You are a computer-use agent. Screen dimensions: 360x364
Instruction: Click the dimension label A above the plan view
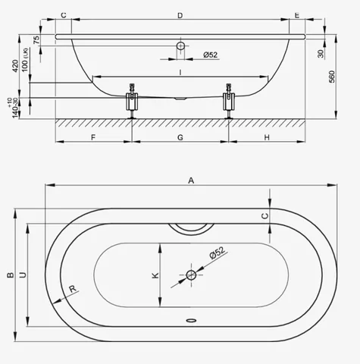coord(191,180)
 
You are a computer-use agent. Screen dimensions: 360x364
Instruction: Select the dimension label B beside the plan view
coord(11,275)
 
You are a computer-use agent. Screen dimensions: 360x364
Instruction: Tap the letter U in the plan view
coord(23,275)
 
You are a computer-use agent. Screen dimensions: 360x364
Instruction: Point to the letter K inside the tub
coord(155,275)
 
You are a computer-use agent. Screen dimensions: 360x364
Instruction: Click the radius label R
coord(73,288)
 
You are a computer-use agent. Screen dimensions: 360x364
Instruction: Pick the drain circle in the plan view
coord(191,275)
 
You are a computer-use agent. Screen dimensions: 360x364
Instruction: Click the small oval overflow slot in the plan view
coord(191,321)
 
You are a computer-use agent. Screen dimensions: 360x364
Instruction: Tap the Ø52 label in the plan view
coord(218,253)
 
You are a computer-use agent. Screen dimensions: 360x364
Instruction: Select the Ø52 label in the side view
coord(211,55)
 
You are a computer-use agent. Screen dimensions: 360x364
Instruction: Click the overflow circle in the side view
coord(180,46)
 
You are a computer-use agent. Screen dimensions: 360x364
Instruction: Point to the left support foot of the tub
coord(132,101)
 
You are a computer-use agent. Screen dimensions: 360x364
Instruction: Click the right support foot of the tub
coord(229,101)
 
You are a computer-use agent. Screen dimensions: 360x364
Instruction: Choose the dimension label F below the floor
coord(93,137)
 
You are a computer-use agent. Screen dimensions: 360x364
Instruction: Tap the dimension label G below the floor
coord(180,137)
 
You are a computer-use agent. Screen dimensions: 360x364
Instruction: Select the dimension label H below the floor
coord(267,137)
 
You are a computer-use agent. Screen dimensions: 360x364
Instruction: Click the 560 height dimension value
coord(332,77)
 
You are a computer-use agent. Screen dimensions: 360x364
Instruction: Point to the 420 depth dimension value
coord(15,66)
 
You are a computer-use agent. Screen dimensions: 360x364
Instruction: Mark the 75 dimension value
coord(36,40)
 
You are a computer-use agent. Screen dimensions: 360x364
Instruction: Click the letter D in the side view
coord(180,16)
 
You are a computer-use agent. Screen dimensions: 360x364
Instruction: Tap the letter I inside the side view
coord(180,73)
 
